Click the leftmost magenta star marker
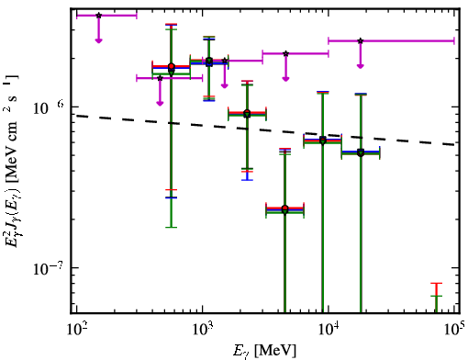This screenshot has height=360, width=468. point(98,16)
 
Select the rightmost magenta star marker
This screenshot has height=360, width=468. point(361,40)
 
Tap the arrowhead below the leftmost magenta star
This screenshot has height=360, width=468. point(98,40)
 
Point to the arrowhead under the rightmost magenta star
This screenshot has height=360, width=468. point(361,66)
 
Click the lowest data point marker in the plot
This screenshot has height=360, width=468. point(284,209)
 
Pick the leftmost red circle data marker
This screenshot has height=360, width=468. point(172,66)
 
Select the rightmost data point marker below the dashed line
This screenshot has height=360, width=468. point(361,152)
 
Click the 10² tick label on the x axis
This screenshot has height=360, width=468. point(76,330)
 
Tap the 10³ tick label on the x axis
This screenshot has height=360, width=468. point(202,330)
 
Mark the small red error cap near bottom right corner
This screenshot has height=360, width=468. point(437,284)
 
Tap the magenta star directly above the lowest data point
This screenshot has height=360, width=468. point(285,53)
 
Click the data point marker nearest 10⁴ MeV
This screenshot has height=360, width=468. point(323,141)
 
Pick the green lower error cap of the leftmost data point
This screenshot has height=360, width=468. point(172,227)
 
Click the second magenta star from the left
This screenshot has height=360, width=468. point(160,78)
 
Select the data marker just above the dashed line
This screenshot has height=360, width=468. point(247,114)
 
